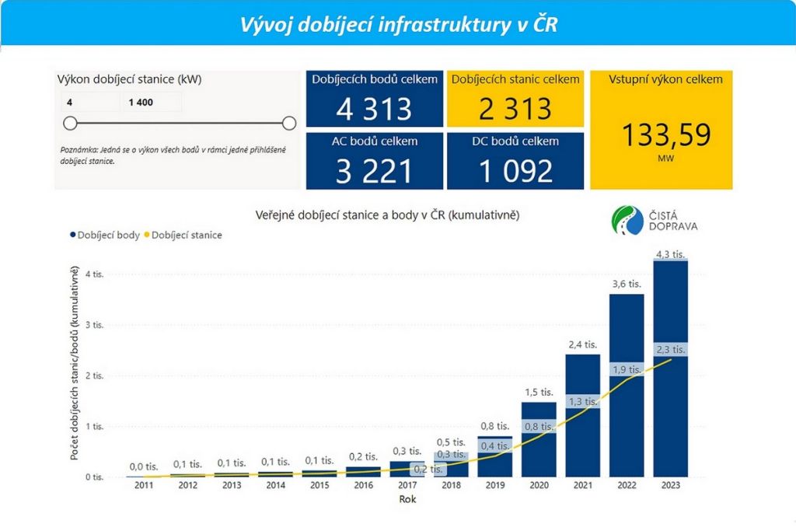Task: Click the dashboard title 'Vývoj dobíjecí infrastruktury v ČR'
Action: click(397, 25)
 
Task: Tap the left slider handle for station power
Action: click(70, 123)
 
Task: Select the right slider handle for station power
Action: click(289, 123)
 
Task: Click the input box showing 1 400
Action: click(151, 102)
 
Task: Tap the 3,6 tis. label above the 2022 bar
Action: click(626, 285)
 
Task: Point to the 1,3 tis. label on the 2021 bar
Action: click(582, 401)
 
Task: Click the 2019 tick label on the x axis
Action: click(494, 486)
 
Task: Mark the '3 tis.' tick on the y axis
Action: click(94, 325)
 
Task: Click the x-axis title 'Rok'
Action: click(407, 499)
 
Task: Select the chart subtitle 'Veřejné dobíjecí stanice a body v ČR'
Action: click(387, 214)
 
